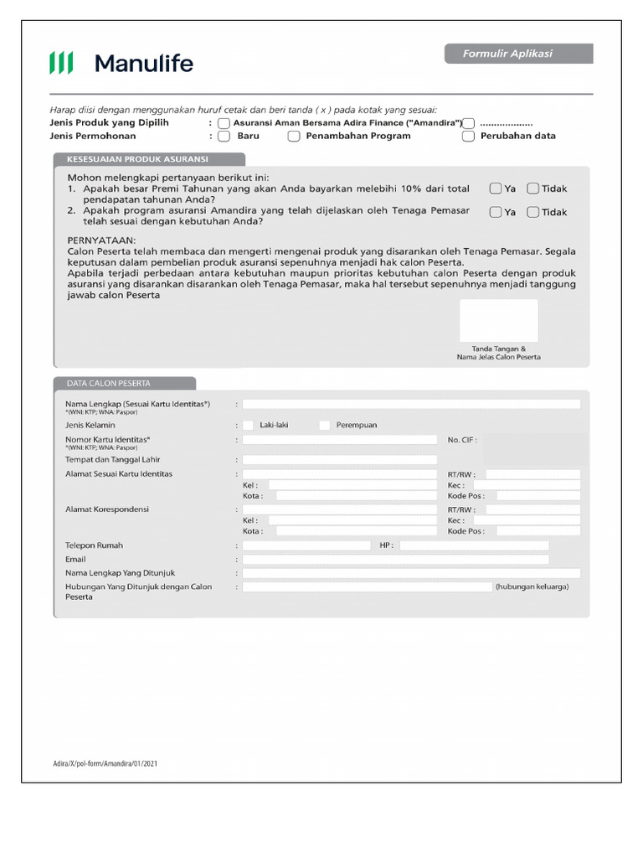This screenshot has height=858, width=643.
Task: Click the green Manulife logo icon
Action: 61,63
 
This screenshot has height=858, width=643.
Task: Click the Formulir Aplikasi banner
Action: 518,54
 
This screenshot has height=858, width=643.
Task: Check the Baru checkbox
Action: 224,136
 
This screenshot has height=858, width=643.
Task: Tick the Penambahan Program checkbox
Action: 294,136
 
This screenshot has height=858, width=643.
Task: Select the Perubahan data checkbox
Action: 468,136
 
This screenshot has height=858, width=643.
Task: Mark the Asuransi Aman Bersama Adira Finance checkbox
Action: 224,123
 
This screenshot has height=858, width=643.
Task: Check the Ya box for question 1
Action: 496,189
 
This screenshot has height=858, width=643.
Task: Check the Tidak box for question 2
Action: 532,212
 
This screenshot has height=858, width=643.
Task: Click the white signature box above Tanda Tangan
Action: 498,320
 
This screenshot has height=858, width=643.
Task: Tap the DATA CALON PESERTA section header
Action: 125,383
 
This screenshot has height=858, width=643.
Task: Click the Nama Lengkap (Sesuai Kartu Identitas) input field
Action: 411,404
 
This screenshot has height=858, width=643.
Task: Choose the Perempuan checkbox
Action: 325,425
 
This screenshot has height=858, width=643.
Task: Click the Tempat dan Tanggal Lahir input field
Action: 339,459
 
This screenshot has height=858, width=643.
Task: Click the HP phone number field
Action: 474,545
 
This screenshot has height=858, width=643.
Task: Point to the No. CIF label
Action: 462,439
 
